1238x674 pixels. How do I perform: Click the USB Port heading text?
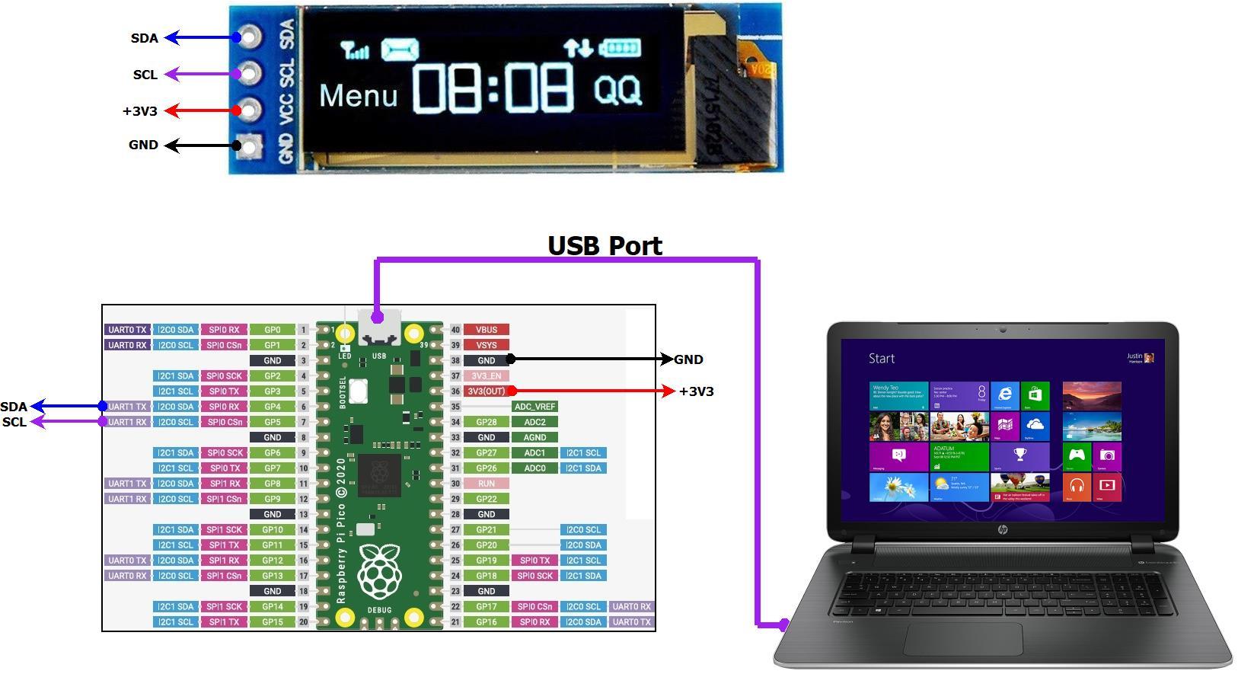[605, 246]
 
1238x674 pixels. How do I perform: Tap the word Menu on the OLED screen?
[358, 96]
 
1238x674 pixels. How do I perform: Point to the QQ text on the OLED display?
[617, 90]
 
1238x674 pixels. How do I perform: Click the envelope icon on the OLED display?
[400, 50]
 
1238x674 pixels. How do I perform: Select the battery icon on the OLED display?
[620, 49]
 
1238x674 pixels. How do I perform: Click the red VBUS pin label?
[486, 330]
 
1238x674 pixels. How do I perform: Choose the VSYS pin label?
[486, 345]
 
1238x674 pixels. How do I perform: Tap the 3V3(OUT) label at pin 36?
[486, 391]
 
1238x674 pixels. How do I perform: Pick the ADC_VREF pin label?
[534, 407]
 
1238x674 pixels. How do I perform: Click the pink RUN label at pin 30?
[486, 484]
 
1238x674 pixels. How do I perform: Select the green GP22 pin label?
[486, 499]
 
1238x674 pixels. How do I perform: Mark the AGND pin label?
[534, 437]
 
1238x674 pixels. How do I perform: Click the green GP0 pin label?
[273, 330]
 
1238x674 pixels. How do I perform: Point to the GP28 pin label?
[486, 422]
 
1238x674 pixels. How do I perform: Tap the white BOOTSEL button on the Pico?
[358, 391]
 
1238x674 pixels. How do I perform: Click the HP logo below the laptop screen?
[1003, 529]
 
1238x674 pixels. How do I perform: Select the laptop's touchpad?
[963, 638]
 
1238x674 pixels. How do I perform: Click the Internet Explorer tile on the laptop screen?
[1005, 395]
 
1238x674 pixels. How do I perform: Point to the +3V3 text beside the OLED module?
[140, 111]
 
